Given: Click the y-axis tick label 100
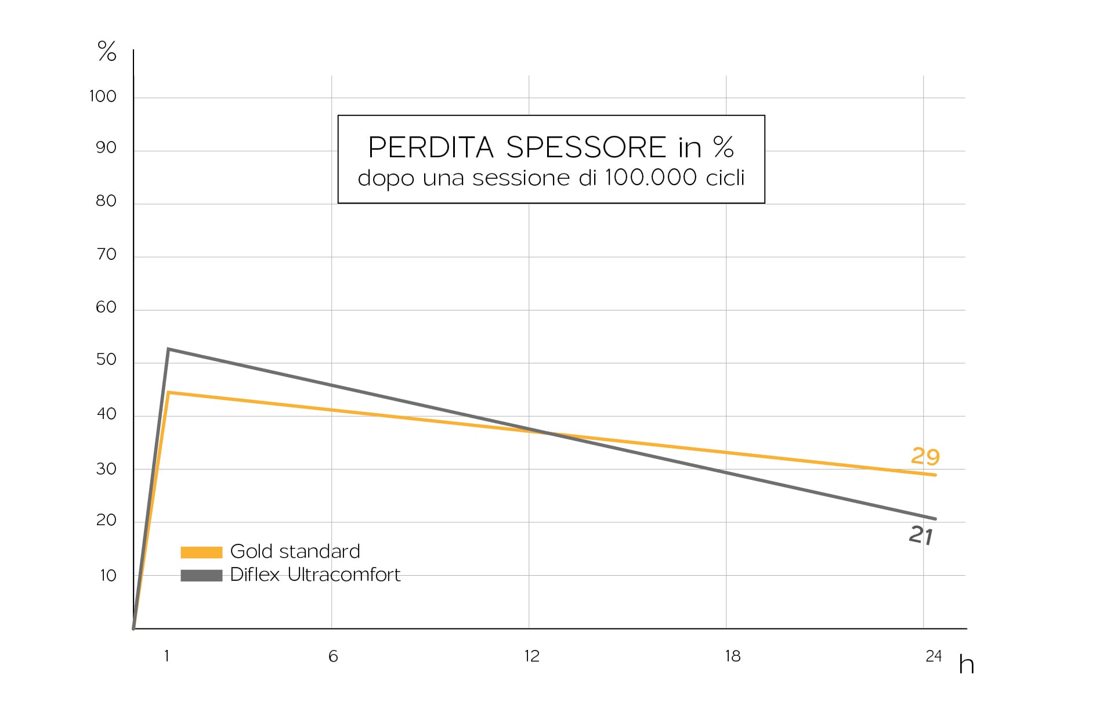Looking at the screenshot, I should [103, 96].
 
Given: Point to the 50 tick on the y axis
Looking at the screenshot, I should [106, 360].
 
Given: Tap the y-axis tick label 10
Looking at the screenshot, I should [108, 576].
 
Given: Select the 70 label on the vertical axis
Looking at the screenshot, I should [106, 254].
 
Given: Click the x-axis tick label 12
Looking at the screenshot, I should [531, 656].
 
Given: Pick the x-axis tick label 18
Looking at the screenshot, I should [732, 656].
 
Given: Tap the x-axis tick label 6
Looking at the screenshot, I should [333, 656].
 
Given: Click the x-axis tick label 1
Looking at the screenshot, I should [167, 656].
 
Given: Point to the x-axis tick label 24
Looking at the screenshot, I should [933, 656].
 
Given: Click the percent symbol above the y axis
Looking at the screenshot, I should [107, 52].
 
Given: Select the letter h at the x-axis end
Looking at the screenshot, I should [966, 665].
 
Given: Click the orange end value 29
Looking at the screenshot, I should [925, 457].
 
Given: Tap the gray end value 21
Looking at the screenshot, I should [921, 535].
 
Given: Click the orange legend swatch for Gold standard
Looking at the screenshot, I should [201, 552].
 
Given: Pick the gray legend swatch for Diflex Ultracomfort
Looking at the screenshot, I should [201, 575].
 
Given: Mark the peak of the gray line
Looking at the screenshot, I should [168, 349].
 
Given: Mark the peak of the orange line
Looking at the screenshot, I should [168, 393].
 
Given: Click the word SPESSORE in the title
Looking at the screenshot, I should [586, 147].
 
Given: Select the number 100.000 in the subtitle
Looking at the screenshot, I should [650, 178].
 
